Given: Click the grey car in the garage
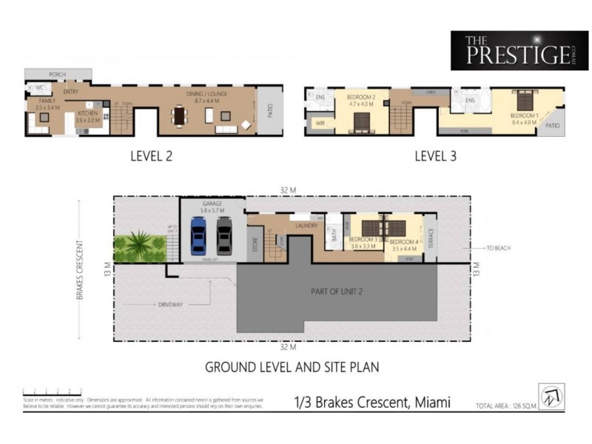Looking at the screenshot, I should pos(223,235).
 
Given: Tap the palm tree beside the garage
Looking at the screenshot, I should pos(141,245).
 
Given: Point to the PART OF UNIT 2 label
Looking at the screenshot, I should pos(337,292).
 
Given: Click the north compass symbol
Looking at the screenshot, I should pos(551,397).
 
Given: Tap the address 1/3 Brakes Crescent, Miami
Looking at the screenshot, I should pos(371,404).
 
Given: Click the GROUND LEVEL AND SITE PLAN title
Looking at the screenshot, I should pos(292,366).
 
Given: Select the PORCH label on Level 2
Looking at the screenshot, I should pos(58,75).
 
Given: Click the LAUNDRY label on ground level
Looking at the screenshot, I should pos(306,224).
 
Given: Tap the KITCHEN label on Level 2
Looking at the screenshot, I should pos(88,113).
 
